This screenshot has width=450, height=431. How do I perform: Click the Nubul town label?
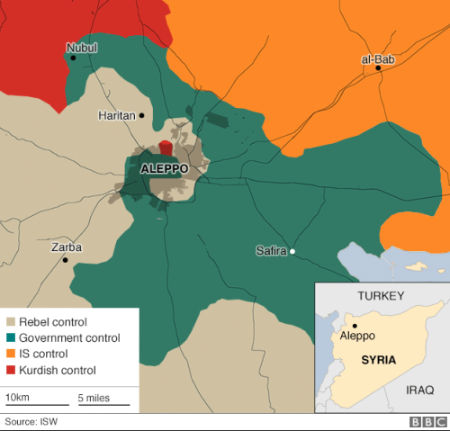tap(81, 47)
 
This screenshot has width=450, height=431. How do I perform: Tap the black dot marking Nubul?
tap(74, 58)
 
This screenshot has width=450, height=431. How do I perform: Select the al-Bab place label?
tap(377, 59)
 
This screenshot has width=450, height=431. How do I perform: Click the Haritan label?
tap(117, 115)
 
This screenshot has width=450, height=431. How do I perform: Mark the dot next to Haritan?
tap(141, 115)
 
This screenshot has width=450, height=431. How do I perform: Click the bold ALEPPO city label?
tap(165, 168)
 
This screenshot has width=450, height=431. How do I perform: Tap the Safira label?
tap(271, 251)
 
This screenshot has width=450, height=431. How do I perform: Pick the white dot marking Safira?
tap(292, 251)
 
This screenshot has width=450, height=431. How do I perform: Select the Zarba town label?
tap(67, 247)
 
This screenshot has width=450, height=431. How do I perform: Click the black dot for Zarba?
tap(65, 260)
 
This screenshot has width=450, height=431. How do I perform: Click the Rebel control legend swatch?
tap(11, 322)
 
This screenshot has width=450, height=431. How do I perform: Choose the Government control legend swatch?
tap(11, 338)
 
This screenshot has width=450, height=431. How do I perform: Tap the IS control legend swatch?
tap(11, 355)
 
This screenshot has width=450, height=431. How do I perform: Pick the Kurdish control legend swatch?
tap(11, 371)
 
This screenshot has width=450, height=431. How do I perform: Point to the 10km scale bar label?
tap(17, 397)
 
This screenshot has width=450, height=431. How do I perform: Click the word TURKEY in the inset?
tap(382, 296)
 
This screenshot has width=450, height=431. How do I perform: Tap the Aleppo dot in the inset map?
tap(355, 326)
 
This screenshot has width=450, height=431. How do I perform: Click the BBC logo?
tap(428, 422)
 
